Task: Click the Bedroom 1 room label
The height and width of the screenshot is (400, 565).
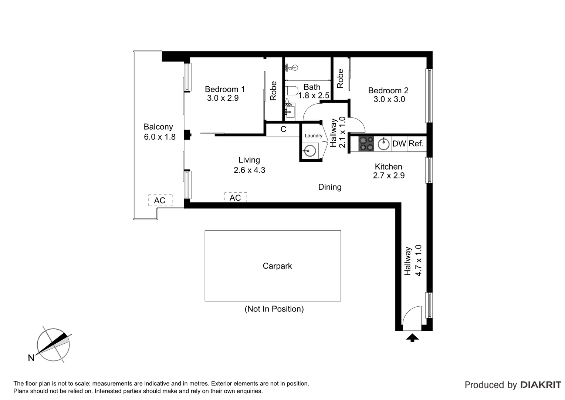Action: [x=224, y=89]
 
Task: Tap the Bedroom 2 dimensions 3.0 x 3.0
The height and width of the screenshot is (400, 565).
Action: [x=389, y=100]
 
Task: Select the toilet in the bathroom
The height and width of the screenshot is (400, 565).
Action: [x=292, y=91]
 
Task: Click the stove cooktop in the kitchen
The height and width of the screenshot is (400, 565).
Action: [x=366, y=144]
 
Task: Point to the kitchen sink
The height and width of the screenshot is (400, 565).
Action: [x=384, y=144]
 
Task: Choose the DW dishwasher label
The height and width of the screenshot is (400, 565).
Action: [x=399, y=144]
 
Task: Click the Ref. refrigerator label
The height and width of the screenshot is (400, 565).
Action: [x=416, y=144]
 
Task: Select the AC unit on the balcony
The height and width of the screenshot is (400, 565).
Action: [x=160, y=200]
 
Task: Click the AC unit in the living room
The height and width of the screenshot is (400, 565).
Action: [x=235, y=198]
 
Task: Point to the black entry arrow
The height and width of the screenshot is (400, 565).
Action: [x=412, y=337]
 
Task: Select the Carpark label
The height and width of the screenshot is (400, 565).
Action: [x=277, y=266]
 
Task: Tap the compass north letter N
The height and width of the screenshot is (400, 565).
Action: [x=31, y=358]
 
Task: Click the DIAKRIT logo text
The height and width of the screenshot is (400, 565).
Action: [x=541, y=385]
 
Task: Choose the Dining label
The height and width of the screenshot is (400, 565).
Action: [x=330, y=187]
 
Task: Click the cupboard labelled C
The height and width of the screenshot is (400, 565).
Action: [x=283, y=129]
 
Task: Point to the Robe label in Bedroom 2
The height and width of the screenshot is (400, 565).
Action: [x=340, y=79]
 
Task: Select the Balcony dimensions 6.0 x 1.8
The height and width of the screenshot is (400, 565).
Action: [x=160, y=137]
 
